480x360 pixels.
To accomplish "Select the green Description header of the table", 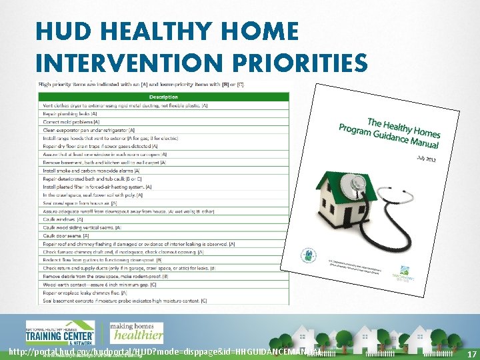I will pos(163,97).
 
